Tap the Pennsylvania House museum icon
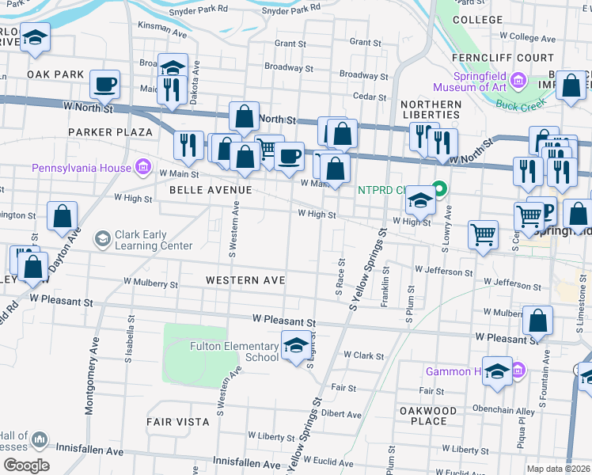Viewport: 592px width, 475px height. (x=143, y=167)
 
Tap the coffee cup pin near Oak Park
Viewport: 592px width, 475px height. (x=104, y=83)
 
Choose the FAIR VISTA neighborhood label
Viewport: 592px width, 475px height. (x=177, y=422)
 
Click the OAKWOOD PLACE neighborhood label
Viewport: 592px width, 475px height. (x=428, y=416)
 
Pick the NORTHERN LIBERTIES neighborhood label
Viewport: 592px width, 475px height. (x=431, y=109)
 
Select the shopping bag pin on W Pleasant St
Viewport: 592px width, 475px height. (x=537, y=321)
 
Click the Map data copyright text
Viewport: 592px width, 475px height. (x=559, y=469)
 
